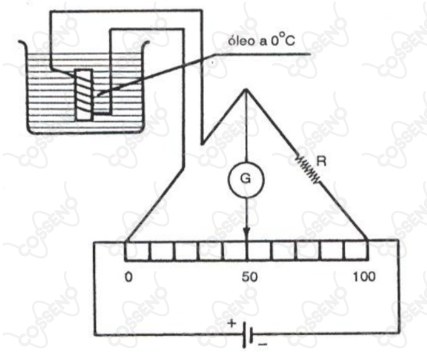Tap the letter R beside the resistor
pyautogui.click(x=322, y=162)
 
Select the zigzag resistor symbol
pyautogui.click(x=308, y=169)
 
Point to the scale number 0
pyautogui.click(x=129, y=277)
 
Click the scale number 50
pyautogui.click(x=250, y=277)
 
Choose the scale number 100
pyautogui.click(x=364, y=276)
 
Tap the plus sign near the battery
pyautogui.click(x=232, y=323)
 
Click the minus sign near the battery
pyautogui.click(x=262, y=344)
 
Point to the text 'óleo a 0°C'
pyautogui.click(x=262, y=41)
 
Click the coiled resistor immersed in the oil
pyautogui.click(x=84, y=94)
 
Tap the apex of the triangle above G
pyautogui.click(x=246, y=89)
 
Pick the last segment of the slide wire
pyautogui.click(x=357, y=251)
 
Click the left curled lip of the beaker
pyautogui.click(x=23, y=44)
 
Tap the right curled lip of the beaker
pyautogui.click(x=145, y=45)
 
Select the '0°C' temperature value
pyautogui.click(x=283, y=41)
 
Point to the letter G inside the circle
pyautogui.click(x=246, y=179)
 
